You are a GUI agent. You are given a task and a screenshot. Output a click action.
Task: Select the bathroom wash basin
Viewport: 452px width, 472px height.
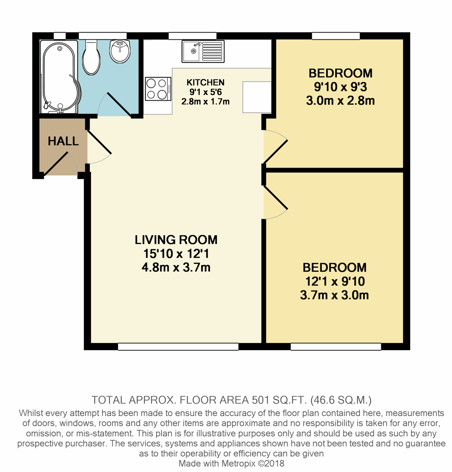120,51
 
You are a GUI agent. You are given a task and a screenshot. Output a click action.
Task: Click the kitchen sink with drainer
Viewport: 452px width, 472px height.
203,51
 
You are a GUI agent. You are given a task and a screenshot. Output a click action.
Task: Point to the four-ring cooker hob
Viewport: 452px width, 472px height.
158,88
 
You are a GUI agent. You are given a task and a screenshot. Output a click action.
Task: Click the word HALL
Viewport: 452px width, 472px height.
63,141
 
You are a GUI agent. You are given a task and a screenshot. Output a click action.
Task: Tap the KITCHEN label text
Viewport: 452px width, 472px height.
206,83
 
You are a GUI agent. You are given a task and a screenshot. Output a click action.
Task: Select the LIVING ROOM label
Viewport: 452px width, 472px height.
176,240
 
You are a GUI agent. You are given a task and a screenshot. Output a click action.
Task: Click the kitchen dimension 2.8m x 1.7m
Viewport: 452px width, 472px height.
206,101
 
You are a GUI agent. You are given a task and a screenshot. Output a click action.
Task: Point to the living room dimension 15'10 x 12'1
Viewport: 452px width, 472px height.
176,254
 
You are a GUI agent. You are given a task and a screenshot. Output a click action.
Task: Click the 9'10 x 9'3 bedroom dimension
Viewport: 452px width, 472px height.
340,87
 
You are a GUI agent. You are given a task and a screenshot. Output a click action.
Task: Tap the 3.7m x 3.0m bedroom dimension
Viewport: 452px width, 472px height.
334,295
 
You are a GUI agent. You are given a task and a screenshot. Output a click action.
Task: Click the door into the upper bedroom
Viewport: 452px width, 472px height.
276,147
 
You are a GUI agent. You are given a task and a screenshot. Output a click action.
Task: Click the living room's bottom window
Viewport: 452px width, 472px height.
178,347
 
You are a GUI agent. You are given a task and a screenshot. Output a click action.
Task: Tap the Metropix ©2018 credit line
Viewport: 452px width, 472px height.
232,463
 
